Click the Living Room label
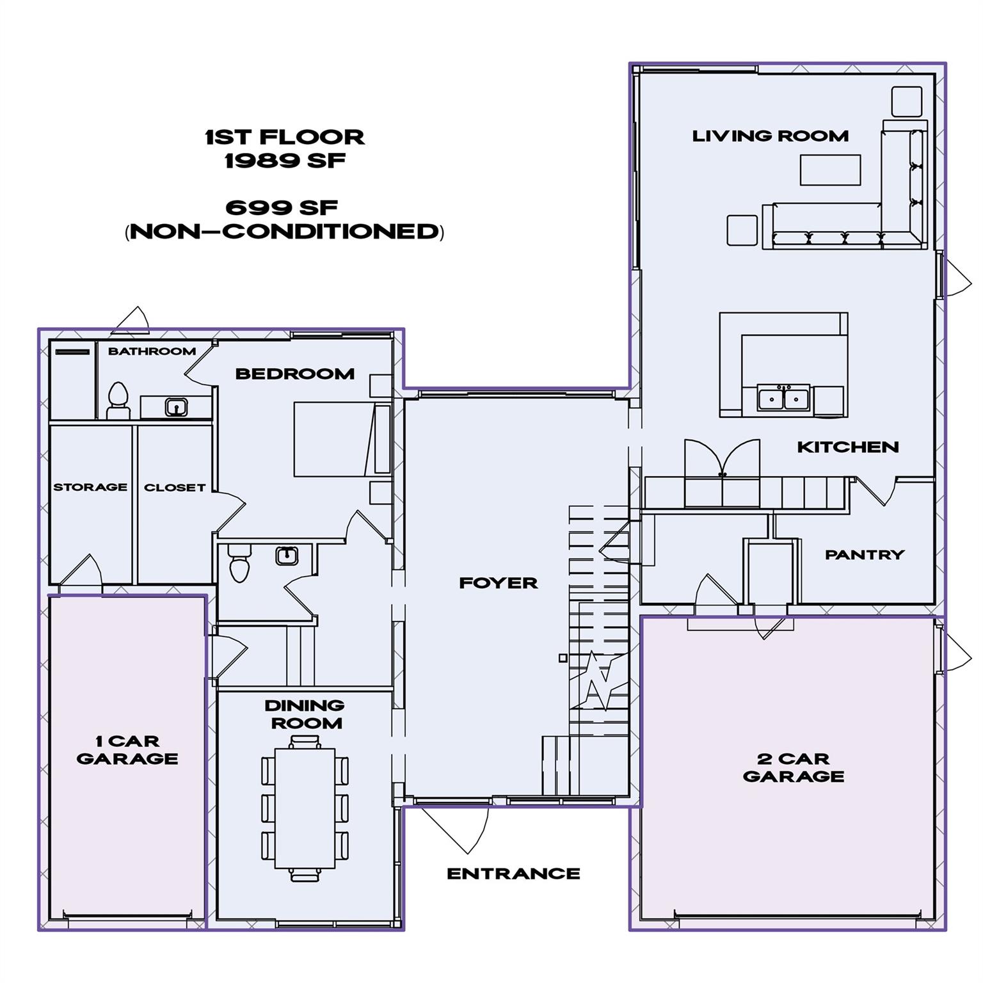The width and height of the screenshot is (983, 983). click(770, 136)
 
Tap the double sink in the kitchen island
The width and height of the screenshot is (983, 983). click(783, 398)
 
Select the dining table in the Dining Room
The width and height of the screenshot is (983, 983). click(305, 808)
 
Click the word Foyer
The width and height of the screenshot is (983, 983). click(498, 583)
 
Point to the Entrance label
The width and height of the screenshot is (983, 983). click(513, 874)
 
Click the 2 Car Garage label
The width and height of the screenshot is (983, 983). click(794, 767)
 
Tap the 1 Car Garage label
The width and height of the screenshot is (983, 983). click(127, 749)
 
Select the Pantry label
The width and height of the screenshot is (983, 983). click(864, 555)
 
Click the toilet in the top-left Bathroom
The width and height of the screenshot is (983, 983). click(118, 400)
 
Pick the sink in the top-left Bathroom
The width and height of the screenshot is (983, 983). click(176, 406)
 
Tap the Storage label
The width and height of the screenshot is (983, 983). click(90, 487)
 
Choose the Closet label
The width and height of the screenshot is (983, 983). click(174, 488)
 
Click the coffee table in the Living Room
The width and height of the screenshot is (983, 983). click(830, 170)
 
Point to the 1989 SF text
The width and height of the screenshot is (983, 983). click(285, 160)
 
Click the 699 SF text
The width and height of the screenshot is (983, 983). click(282, 207)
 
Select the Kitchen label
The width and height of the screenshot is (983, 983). click(847, 447)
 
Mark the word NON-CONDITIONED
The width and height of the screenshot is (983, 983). click(285, 231)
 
